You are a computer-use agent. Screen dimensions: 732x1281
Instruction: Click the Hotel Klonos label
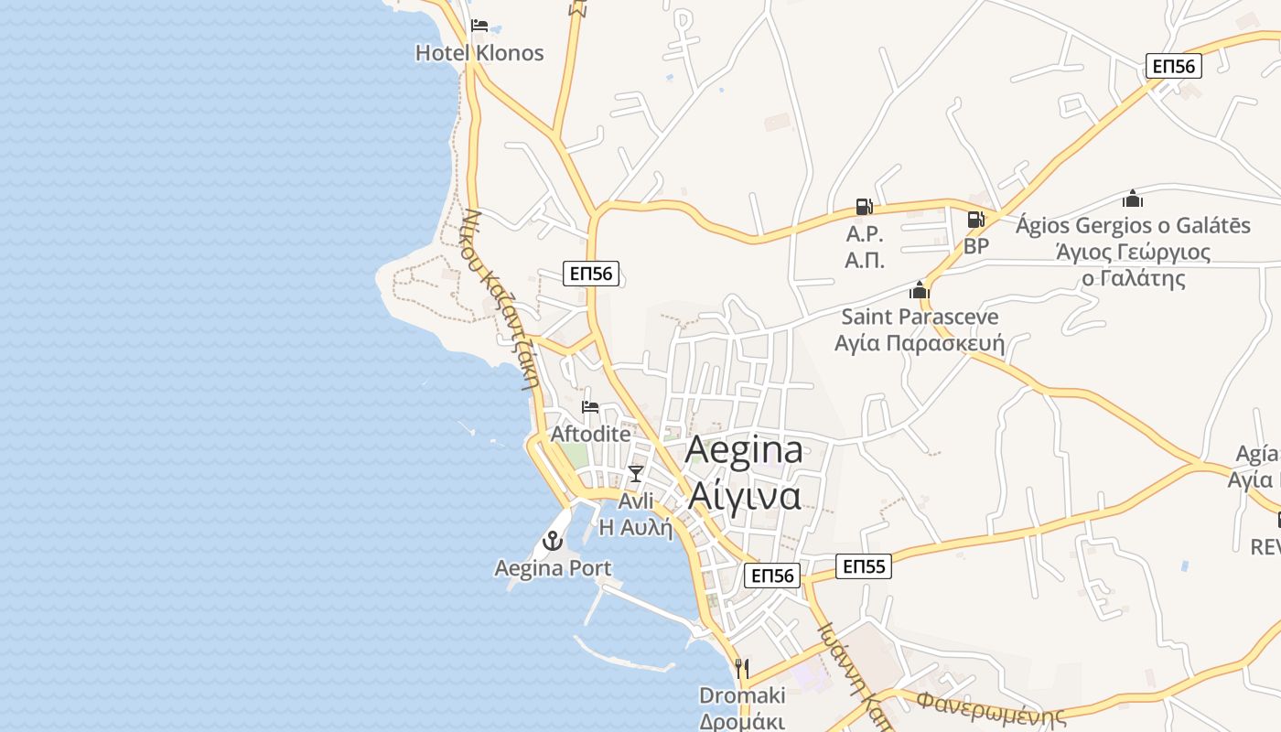(479, 53)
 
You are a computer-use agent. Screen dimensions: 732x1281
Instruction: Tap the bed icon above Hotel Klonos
(479, 26)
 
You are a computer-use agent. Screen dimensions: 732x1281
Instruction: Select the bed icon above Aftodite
(590, 406)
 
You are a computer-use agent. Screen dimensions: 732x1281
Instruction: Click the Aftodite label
(590, 434)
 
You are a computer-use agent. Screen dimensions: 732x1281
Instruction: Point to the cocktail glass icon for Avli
(636, 473)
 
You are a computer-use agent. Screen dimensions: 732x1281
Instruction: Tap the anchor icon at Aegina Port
(553, 541)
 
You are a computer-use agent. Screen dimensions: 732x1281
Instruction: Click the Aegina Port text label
(553, 568)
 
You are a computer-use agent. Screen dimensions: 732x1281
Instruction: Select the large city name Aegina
(744, 449)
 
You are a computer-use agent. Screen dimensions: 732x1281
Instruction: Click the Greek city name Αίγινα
(744, 495)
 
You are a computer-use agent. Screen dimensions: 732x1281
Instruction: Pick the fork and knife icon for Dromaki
(742, 669)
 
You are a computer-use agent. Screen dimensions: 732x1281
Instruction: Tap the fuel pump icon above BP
(976, 220)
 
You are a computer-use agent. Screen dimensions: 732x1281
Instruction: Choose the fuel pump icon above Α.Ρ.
(865, 207)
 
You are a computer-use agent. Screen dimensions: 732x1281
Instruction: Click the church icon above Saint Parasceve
(920, 291)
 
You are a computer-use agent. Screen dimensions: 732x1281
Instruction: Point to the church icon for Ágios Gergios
(1133, 199)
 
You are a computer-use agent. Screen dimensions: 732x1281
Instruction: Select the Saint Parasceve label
(920, 318)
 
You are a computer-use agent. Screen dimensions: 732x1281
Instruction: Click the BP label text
(976, 247)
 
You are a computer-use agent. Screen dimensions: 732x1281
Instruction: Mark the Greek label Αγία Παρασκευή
(920, 344)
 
